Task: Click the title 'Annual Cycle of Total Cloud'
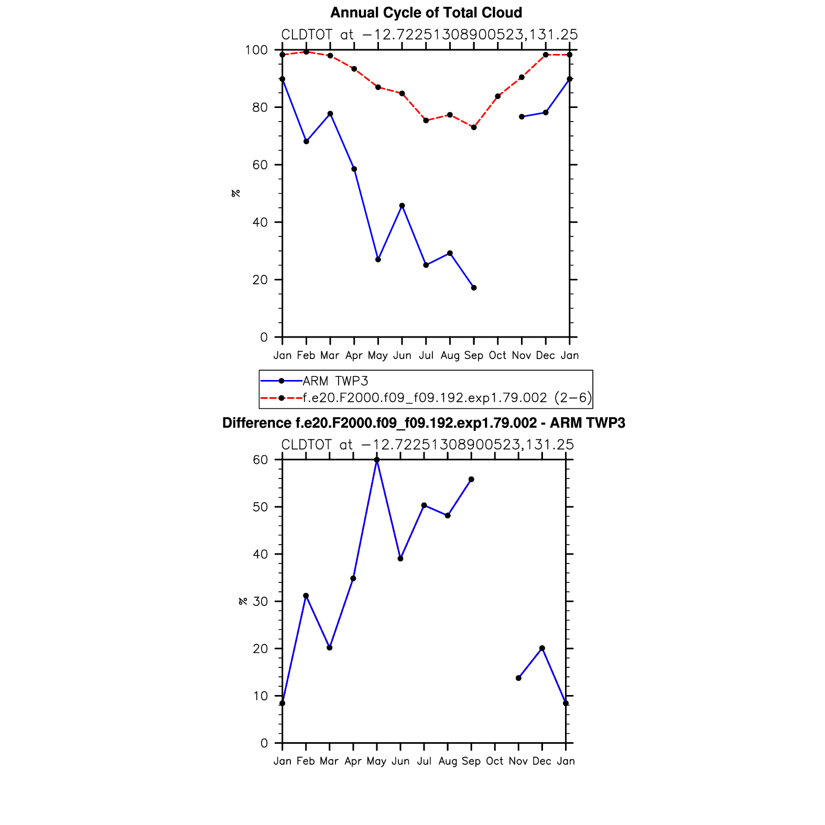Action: coord(426,13)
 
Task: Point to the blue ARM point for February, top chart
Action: coord(306,142)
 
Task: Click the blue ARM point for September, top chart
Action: coord(474,288)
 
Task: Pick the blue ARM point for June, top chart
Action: coord(402,205)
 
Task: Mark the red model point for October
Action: coord(498,96)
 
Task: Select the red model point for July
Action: coord(426,121)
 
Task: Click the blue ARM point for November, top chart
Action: coord(522,117)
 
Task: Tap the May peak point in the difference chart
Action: coord(377,460)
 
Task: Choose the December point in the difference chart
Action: coord(542,648)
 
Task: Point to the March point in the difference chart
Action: coord(330,648)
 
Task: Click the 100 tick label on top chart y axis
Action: coord(256,50)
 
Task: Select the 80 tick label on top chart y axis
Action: coord(259,107)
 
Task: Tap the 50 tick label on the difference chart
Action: coord(260,507)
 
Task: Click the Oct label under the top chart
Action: coord(497,355)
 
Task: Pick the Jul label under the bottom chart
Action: coord(424,761)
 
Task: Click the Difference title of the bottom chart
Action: coord(424,423)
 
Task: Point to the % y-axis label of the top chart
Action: coord(236,193)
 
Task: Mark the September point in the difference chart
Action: coord(471,480)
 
